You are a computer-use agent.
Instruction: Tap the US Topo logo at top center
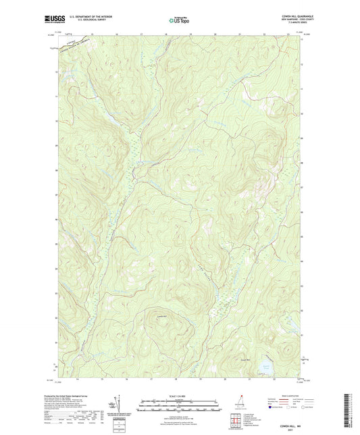pyautogui.click(x=178, y=21)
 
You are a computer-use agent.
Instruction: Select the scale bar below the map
pyautogui.click(x=178, y=407)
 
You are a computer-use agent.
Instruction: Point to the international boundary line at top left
pyautogui.click(x=74, y=43)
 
